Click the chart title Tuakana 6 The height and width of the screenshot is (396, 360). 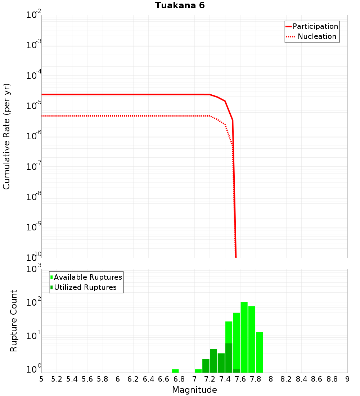[180, 5]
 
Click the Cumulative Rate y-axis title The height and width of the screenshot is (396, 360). [6, 136]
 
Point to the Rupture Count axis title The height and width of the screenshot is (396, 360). [14, 320]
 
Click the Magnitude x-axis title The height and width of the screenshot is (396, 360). [194, 390]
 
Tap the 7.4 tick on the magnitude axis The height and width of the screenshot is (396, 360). [225, 379]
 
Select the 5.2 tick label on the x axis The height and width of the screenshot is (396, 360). [57, 379]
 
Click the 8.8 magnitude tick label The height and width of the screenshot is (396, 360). [332, 379]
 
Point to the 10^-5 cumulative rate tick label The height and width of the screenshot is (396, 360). [34, 106]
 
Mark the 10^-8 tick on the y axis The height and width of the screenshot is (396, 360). [34, 197]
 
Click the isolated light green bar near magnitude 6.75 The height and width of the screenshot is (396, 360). [175, 371]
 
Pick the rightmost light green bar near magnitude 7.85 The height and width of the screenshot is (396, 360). [259, 352]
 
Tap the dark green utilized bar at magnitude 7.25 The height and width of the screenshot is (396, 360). [213, 361]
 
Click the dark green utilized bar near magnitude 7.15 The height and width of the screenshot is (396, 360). [206, 366]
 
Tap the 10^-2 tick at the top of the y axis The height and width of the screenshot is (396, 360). [34, 15]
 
